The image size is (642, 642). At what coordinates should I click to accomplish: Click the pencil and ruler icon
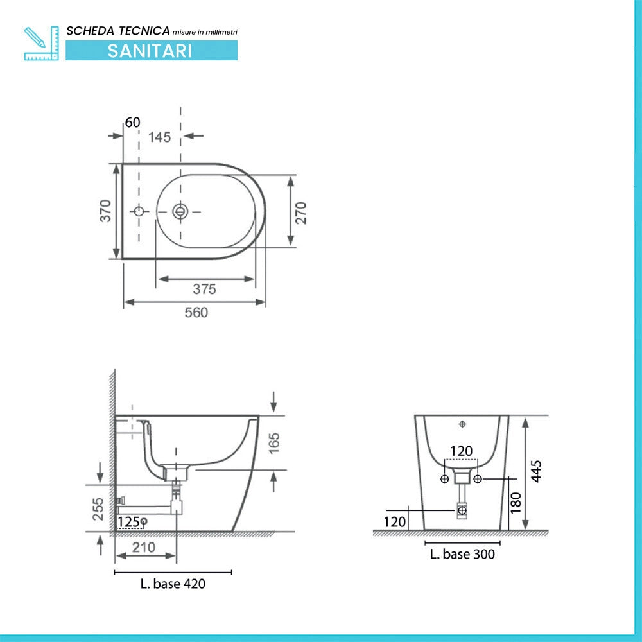pos(41,44)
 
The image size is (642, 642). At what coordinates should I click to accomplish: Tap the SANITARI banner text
pos(150,51)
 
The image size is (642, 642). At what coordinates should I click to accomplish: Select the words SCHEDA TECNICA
pos(118,31)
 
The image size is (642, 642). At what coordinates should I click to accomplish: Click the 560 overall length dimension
pos(196,313)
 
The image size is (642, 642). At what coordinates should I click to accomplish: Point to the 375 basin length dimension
pos(204,289)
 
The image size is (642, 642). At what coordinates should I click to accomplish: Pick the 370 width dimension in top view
pos(106,211)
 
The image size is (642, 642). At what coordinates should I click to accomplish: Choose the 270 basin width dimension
pos(301,213)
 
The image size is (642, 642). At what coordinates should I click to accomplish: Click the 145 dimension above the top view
pos(159,137)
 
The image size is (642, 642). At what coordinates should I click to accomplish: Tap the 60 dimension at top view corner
pos(133,122)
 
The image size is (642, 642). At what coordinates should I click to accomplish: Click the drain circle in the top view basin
pos(180,211)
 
